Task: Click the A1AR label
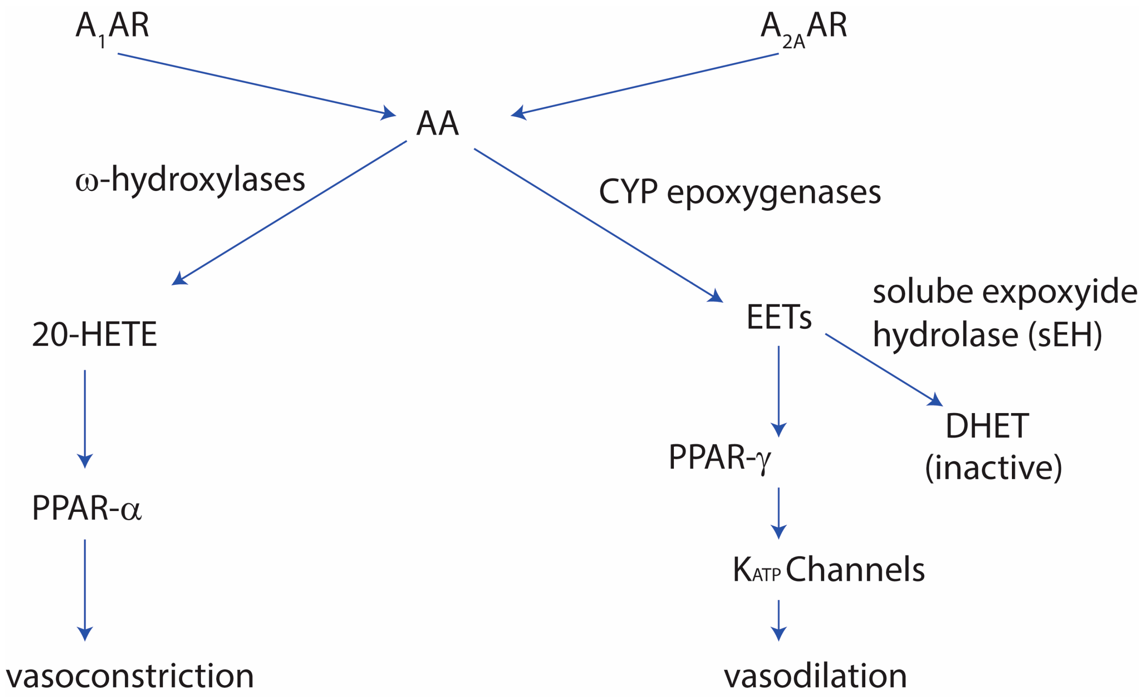(x=112, y=27)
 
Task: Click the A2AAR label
(x=804, y=27)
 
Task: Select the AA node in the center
(x=437, y=124)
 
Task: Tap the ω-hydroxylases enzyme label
(x=190, y=180)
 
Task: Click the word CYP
(x=628, y=192)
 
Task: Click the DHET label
(x=987, y=426)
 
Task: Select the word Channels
(x=855, y=570)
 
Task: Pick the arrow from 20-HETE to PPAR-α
(x=85, y=418)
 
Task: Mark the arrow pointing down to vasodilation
(x=779, y=620)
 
